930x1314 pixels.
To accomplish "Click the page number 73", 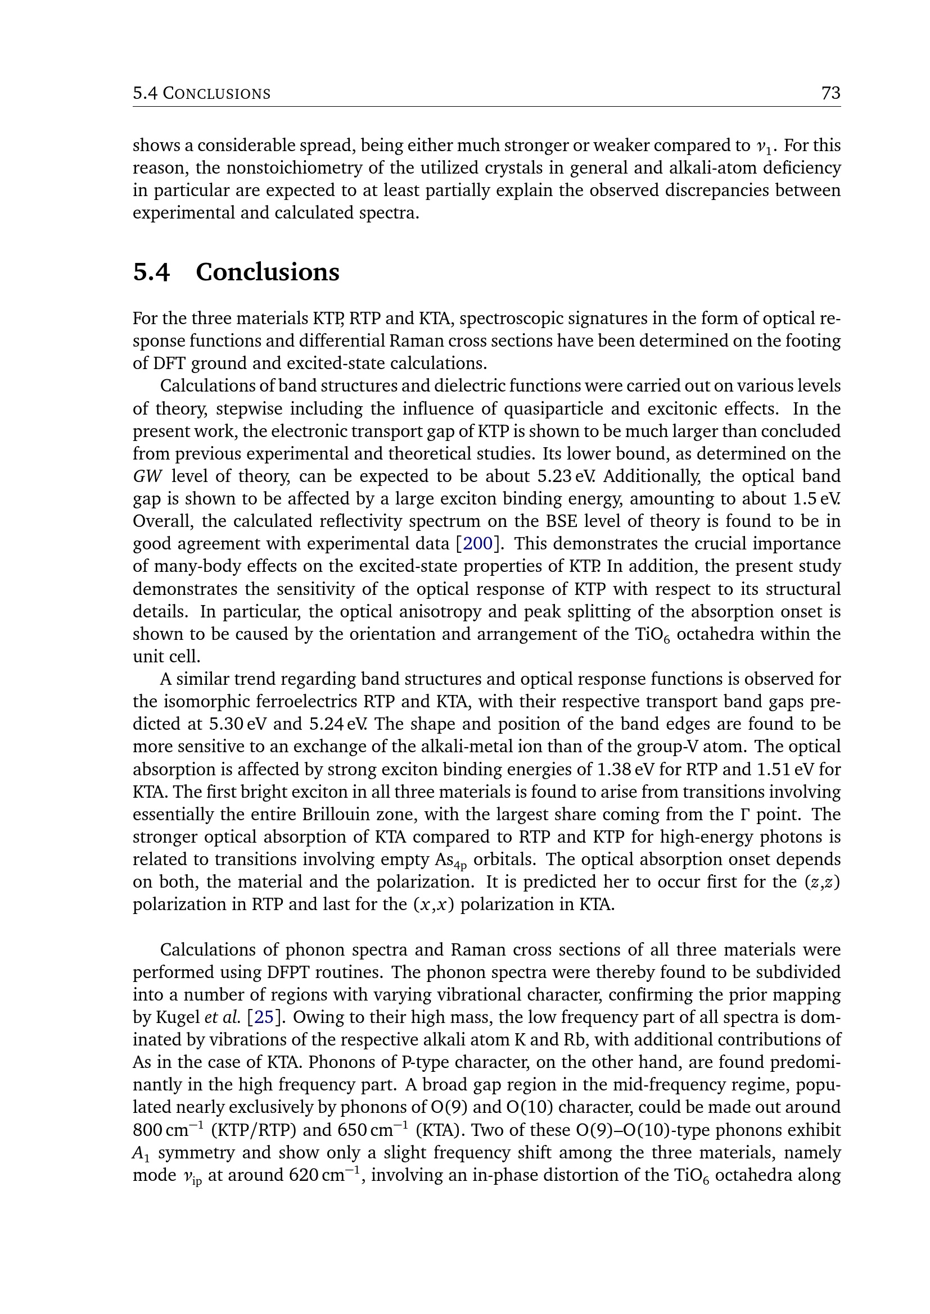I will point(830,93).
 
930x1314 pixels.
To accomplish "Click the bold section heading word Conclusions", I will point(268,272).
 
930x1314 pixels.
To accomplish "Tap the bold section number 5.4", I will point(151,272).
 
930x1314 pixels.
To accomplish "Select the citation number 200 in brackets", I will point(477,543).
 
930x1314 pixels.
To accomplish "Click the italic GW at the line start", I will point(148,476).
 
